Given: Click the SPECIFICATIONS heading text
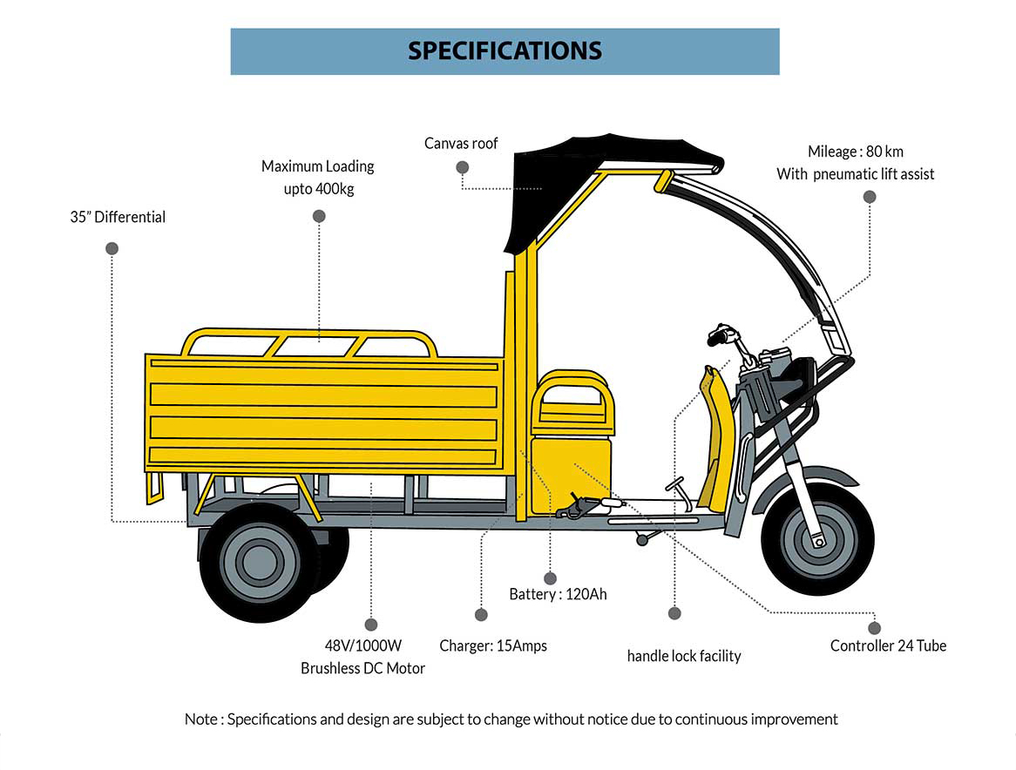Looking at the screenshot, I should (505, 51).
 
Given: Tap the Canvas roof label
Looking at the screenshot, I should (461, 143).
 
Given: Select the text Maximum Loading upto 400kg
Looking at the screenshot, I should (318, 177).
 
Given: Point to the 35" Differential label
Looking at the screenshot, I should (118, 217).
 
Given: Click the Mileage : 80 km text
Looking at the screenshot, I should (855, 152).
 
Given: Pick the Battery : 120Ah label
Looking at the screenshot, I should (558, 595).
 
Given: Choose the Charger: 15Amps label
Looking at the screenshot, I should (493, 645).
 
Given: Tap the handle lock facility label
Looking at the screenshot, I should (684, 655).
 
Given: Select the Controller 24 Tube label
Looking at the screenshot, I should (888, 645).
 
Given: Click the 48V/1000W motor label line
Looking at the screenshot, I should (363, 646).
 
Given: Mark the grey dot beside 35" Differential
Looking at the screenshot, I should (112, 248).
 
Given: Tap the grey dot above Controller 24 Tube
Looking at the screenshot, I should (875, 627).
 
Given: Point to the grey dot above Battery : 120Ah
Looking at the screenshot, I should (550, 577).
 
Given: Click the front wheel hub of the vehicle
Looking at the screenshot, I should (817, 535).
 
